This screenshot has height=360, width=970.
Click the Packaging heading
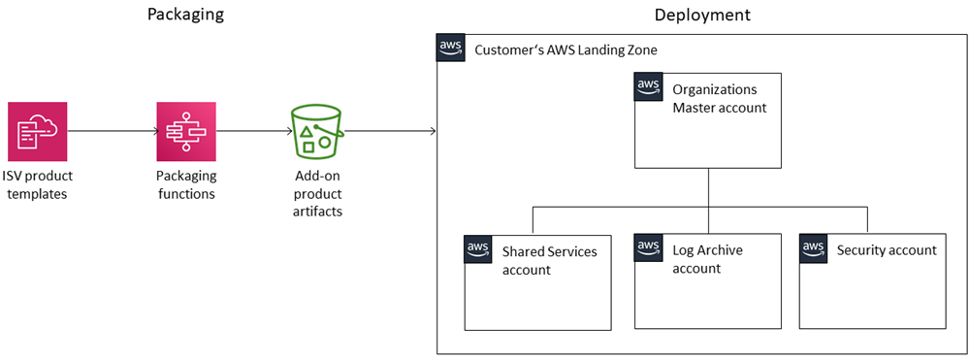(186, 15)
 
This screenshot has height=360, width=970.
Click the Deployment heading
(702, 15)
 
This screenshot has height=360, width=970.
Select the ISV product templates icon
(37, 132)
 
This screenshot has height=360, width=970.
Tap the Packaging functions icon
(186, 132)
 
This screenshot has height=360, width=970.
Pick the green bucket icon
(318, 133)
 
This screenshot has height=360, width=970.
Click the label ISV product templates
(37, 184)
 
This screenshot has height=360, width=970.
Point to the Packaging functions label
(186, 184)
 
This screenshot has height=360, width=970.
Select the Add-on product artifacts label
(318, 193)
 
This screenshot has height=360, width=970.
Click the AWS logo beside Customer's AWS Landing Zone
(450, 49)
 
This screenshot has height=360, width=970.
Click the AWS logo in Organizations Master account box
(649, 87)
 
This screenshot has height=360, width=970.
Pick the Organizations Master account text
(719, 98)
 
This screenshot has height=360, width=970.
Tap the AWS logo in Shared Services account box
(478, 248)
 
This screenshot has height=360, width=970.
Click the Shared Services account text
(549, 260)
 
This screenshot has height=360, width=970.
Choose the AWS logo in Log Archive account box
(649, 248)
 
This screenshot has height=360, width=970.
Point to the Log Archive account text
(707, 259)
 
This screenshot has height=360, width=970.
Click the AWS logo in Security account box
(814, 248)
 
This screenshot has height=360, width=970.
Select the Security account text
(887, 250)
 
